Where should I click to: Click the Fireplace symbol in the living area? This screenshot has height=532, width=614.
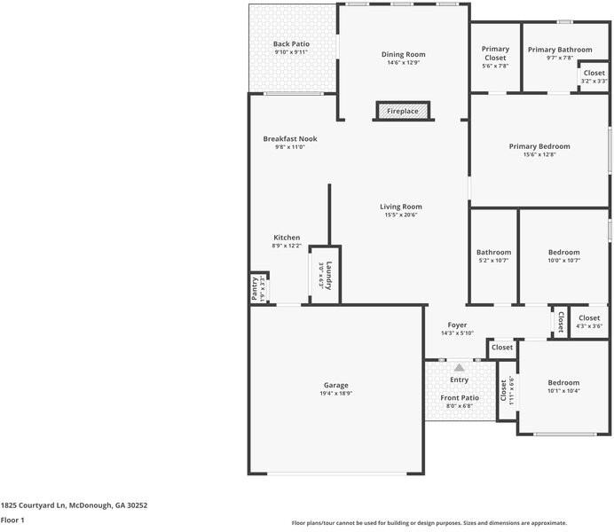[404, 112]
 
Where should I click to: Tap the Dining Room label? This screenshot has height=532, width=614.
[404, 55]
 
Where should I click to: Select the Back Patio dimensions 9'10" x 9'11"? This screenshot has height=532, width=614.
[291, 52]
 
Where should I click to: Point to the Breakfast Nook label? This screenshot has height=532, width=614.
[290, 139]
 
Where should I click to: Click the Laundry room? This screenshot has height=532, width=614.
[325, 275]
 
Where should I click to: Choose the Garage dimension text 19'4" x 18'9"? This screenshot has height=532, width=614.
[335, 394]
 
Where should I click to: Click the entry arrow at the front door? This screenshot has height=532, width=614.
[459, 366]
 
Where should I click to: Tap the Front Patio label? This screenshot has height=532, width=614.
[460, 398]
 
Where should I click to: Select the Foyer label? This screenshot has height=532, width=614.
[457, 325]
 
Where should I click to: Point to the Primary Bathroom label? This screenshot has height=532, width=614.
[560, 50]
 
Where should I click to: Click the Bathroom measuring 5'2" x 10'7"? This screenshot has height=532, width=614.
[493, 256]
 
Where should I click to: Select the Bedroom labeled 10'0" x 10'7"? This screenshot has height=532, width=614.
[563, 256]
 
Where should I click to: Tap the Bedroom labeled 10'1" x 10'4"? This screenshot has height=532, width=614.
[563, 387]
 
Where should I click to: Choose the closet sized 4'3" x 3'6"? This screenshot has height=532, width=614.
[589, 322]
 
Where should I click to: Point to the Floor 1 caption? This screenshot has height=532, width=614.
[12, 520]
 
